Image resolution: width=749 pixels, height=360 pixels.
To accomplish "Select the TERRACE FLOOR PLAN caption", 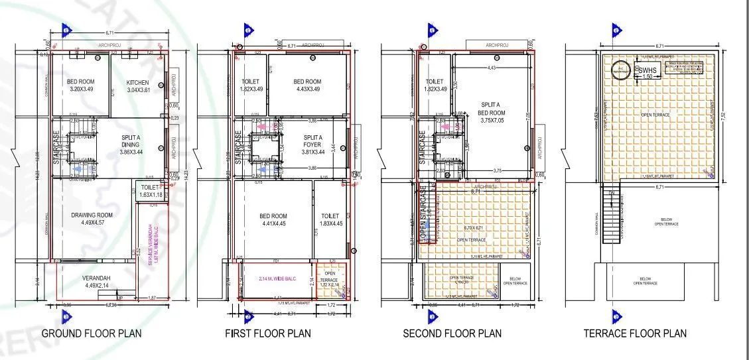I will click(635, 333).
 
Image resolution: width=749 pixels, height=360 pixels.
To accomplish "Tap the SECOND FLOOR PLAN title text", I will click(452, 333).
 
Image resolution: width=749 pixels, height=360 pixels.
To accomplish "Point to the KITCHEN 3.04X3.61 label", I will click(141, 86).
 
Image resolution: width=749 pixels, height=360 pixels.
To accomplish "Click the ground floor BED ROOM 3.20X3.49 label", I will click(80, 86).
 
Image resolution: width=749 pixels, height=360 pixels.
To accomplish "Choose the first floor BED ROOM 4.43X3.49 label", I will click(307, 86).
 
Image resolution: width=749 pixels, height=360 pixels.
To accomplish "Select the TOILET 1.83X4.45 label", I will click(330, 220).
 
